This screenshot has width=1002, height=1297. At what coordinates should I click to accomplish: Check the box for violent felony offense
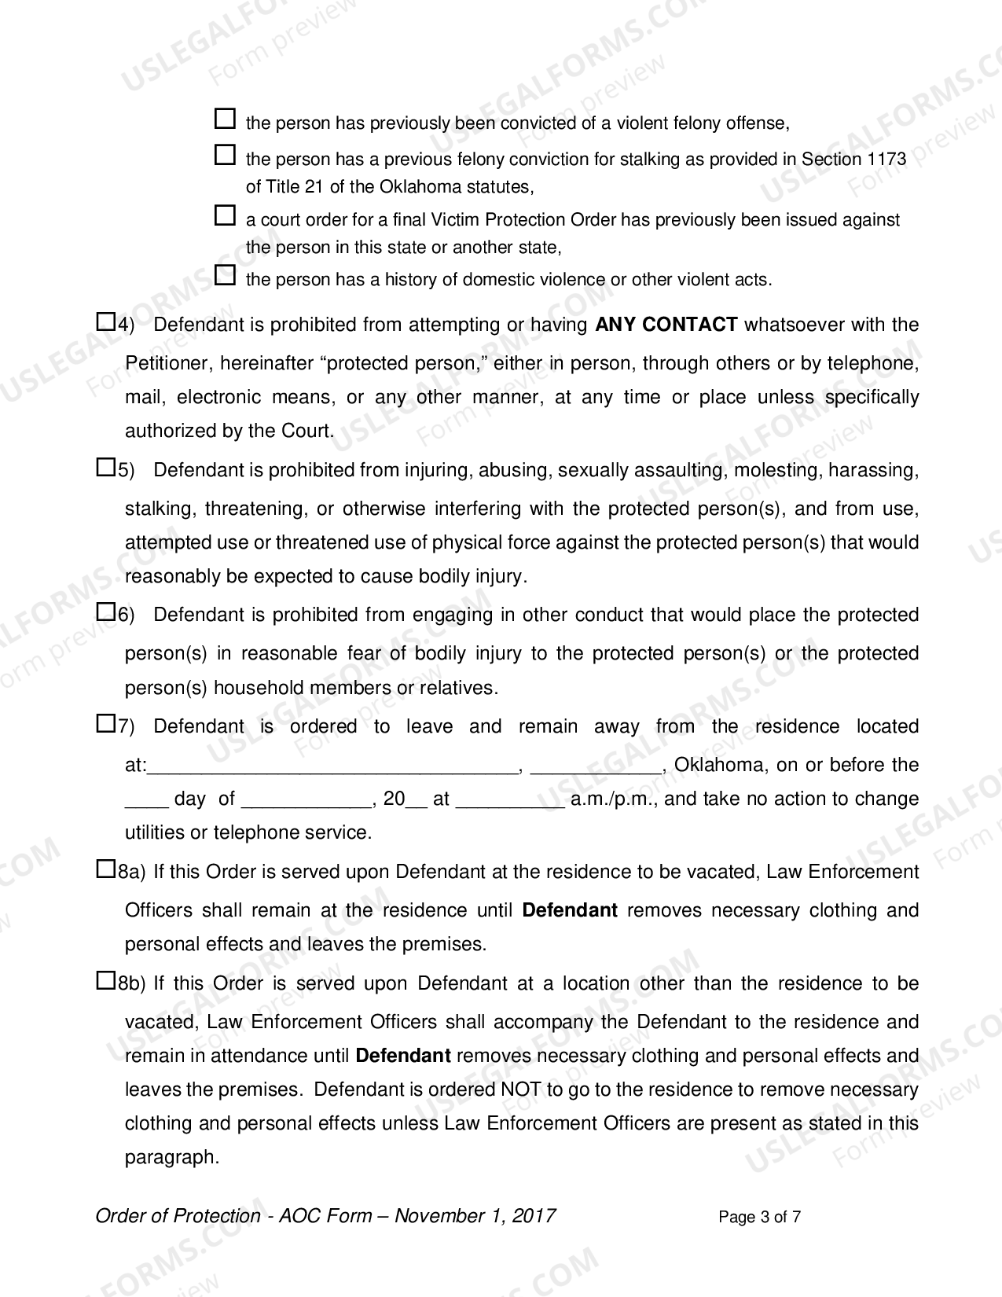coord(225,119)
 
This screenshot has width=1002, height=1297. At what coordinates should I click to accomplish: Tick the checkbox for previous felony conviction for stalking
coord(225,155)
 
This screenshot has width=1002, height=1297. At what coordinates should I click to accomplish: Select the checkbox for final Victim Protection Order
coord(225,215)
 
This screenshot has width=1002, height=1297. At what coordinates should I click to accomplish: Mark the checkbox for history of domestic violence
coord(225,275)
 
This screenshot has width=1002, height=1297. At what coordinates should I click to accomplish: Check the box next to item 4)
coord(105,321)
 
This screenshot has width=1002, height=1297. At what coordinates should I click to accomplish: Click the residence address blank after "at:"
coord(333,766)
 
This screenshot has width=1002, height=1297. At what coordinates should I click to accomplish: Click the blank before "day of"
coord(146,800)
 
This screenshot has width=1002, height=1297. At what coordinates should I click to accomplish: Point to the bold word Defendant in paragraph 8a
coord(570,910)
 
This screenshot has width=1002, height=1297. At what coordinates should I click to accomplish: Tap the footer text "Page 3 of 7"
coord(759,1218)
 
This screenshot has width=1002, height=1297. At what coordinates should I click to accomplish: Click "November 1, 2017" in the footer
coord(475,1216)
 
